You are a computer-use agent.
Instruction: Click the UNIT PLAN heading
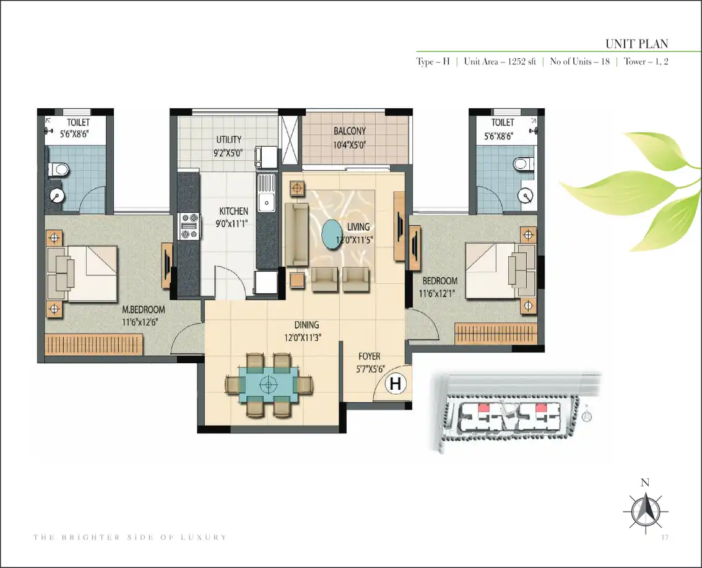point(636,44)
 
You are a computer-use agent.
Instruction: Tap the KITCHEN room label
point(233,211)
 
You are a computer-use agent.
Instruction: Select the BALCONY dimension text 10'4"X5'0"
point(349,145)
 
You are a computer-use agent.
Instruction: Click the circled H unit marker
point(396,384)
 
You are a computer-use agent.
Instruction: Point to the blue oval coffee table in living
point(336,235)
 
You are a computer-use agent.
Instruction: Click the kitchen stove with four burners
point(189,226)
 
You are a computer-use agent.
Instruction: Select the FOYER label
point(370,356)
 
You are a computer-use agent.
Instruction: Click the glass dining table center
point(268,384)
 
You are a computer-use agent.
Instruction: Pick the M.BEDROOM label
point(143,309)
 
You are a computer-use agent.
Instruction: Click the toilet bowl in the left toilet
point(59,169)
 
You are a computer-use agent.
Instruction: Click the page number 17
point(664,536)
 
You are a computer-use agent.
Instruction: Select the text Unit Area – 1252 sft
point(500,62)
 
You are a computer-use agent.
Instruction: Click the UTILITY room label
point(229,140)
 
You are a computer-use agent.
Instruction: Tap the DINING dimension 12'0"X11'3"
point(303,337)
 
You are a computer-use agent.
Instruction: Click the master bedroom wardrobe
point(94,345)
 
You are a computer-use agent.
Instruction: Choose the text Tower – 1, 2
point(646,62)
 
